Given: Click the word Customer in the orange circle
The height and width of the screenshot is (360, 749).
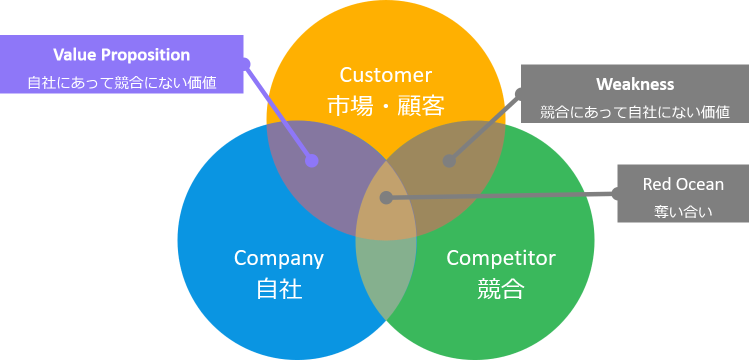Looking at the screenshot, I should [x=385, y=75].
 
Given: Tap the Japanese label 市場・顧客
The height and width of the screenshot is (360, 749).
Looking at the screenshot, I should [x=385, y=106].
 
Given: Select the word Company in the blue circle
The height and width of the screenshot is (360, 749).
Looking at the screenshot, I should [x=278, y=258].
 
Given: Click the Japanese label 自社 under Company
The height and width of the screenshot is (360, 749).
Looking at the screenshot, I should [x=279, y=289].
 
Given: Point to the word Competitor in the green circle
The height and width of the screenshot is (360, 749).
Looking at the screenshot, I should [x=500, y=258].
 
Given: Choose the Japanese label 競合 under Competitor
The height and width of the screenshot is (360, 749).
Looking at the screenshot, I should [x=500, y=289].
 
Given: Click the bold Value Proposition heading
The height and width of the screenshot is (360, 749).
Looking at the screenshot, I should [x=121, y=54].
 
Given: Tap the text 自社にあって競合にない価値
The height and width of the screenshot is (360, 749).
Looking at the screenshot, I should [x=121, y=82].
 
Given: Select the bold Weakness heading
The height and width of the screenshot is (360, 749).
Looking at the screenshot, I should [x=635, y=84].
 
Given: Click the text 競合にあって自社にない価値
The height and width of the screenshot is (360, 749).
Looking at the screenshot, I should [x=635, y=112].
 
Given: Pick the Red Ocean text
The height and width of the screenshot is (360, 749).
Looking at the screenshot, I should [x=683, y=184].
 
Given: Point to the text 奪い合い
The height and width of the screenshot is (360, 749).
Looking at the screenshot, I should [x=683, y=212].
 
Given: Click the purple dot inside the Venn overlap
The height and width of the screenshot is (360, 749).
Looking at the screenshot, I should [x=311, y=160].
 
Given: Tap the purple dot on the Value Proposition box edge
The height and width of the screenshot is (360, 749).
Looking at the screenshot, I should [x=244, y=63].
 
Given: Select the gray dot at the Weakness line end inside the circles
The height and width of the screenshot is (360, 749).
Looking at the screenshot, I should [x=449, y=161].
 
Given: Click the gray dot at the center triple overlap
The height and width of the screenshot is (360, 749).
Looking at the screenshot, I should [x=385, y=197].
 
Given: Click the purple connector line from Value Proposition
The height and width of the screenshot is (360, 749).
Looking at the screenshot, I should [x=278, y=112].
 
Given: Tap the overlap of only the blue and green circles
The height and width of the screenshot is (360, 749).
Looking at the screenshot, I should [x=386, y=280].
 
